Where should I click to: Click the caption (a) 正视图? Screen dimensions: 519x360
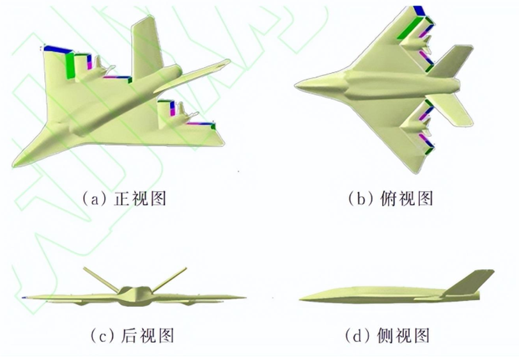124,199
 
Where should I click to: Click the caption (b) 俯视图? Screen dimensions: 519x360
391,199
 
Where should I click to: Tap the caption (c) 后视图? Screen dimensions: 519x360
132,335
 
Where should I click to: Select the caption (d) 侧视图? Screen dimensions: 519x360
387,335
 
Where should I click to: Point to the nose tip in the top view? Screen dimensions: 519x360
295,86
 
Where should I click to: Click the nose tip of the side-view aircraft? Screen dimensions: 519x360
300,299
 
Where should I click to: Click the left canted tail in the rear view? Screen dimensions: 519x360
101,279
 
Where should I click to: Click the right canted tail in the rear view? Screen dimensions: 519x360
169,279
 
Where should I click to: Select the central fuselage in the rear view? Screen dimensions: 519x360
135,295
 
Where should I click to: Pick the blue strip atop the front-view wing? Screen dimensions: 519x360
58,49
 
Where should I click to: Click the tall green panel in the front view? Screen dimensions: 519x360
70,66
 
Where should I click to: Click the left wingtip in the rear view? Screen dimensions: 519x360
24,298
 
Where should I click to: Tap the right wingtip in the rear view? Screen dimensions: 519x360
244,298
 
